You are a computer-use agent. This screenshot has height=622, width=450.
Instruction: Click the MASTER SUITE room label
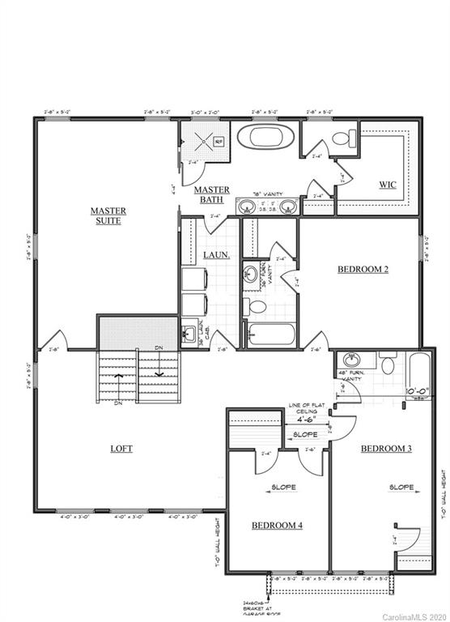click(106, 215)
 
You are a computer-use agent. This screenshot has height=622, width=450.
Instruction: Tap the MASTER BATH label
click(212, 194)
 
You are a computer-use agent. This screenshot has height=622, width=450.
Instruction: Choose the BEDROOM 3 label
click(386, 448)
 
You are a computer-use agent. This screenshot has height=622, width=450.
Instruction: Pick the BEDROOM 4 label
click(277, 526)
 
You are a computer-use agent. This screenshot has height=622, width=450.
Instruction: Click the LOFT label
click(121, 448)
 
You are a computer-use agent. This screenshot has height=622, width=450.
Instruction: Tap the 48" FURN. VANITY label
click(353, 377)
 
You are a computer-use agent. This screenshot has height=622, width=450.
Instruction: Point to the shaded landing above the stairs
click(138, 333)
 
